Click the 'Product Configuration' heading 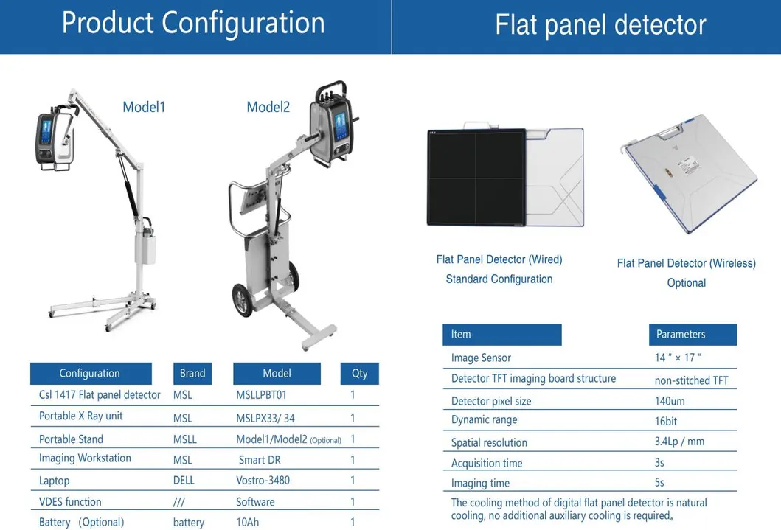click(x=193, y=23)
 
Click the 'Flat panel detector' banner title click(x=600, y=24)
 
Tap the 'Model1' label click(x=144, y=107)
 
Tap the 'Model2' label click(x=268, y=107)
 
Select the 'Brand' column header click(x=192, y=373)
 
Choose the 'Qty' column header click(x=359, y=373)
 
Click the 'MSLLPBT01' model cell click(x=261, y=395)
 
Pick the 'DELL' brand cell click(x=184, y=481)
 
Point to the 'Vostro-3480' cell click(x=263, y=481)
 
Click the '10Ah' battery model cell click(x=248, y=523)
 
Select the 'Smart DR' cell click(x=260, y=459)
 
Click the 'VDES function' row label click(x=70, y=502)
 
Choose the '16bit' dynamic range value click(x=666, y=421)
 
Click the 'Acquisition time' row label click(x=487, y=463)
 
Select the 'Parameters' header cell click(x=681, y=334)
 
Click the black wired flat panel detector click(x=476, y=177)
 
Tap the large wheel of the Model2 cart click(x=244, y=301)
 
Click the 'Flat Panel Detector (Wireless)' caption click(x=686, y=263)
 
